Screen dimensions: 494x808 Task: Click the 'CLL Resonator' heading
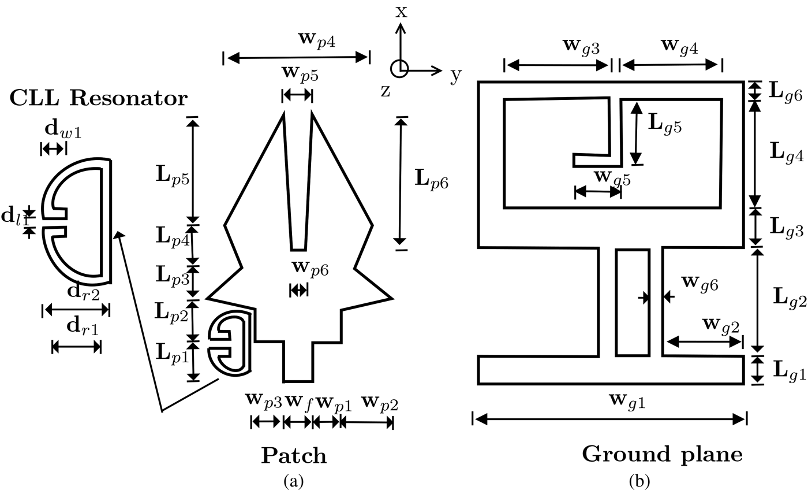coord(98,98)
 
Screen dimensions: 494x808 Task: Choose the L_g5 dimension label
coord(664,126)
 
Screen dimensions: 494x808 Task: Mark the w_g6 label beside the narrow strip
coord(699,283)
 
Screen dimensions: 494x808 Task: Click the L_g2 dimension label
coord(789,297)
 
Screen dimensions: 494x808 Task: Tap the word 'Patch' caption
coord(294,455)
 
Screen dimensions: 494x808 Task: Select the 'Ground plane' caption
coord(662,454)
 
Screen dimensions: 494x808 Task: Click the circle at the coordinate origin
coord(399,69)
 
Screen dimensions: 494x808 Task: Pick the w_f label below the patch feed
coord(299,403)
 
